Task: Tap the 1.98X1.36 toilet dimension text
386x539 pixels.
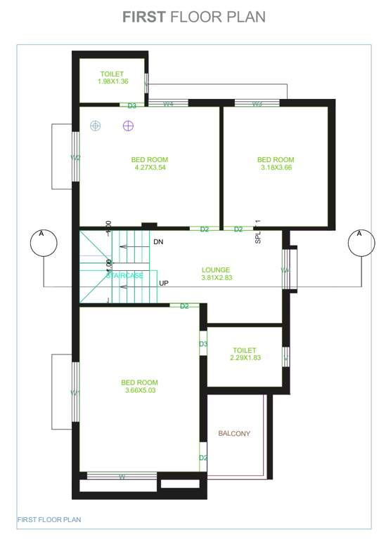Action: tap(112, 81)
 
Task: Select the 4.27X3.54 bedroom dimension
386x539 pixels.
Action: tap(149, 168)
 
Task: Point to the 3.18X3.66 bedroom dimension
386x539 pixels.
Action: tap(276, 168)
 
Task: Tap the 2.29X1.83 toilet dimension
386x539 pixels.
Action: tap(245, 358)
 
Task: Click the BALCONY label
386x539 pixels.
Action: tap(234, 434)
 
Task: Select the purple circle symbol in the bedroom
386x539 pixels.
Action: tap(128, 126)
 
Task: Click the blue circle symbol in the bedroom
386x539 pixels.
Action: tap(96, 126)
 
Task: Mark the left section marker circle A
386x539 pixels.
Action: tap(42, 244)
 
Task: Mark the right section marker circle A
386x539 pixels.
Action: tap(360, 244)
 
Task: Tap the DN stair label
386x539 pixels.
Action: tap(158, 242)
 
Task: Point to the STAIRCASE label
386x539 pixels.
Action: tap(124, 276)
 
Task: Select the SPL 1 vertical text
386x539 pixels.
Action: tap(257, 230)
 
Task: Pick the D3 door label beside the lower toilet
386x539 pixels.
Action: tap(202, 344)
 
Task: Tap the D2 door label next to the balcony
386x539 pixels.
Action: tap(202, 458)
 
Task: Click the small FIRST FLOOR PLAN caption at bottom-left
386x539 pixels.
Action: tap(49, 519)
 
